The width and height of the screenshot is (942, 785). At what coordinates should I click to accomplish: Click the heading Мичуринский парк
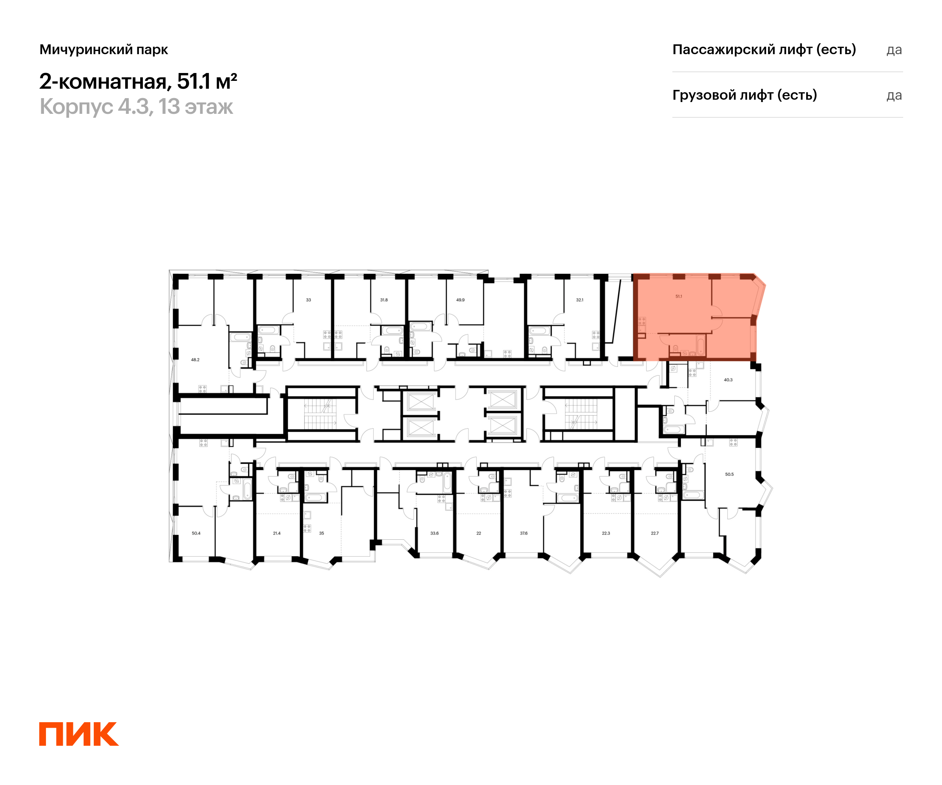(104, 49)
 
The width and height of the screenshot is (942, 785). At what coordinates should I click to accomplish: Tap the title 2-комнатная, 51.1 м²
(138, 81)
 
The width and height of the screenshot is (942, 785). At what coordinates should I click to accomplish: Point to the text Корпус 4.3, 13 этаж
(136, 107)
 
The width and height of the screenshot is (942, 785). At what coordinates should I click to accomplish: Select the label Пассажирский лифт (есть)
(764, 49)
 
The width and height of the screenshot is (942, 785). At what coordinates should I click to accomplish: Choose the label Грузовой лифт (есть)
(744, 95)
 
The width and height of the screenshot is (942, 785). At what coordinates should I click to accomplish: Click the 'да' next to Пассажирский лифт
(894, 50)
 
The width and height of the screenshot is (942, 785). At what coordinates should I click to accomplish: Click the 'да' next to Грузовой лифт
(894, 95)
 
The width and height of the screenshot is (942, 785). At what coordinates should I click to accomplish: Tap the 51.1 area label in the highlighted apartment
(679, 296)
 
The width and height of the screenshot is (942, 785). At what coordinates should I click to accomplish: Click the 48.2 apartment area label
(195, 360)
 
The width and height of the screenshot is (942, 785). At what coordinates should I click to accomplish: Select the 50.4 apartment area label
(196, 533)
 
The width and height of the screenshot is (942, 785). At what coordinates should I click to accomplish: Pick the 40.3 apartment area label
(728, 380)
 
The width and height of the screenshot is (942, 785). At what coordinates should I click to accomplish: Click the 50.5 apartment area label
(729, 474)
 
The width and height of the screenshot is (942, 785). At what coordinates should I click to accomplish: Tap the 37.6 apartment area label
(524, 533)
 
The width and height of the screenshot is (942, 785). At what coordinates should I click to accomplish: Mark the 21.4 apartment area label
(277, 533)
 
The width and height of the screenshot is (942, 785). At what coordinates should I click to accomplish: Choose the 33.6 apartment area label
(434, 533)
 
